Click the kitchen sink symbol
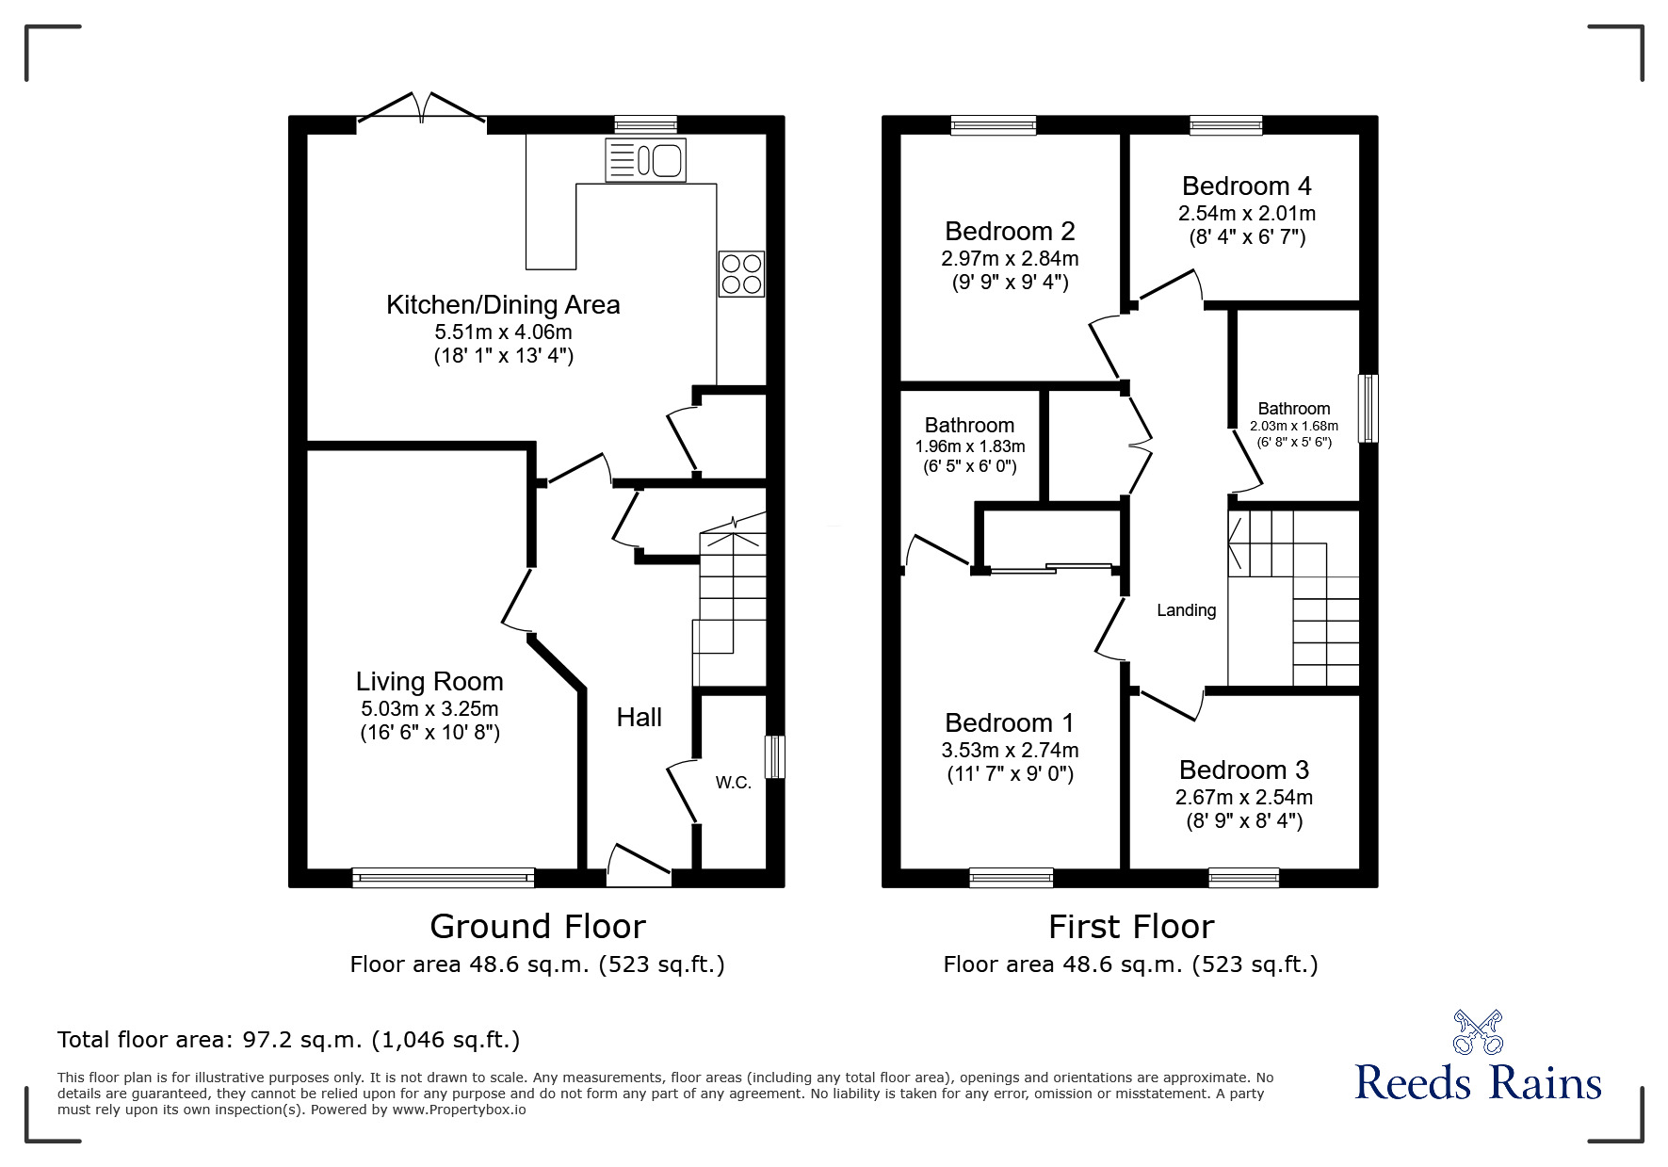pos(645,159)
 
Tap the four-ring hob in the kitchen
pos(741,274)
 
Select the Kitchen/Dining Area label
pos(503,305)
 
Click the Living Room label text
pos(429,682)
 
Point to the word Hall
pos(639,718)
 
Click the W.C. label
pos(733,783)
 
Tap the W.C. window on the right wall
pos(774,757)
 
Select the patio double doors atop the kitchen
pos(421,107)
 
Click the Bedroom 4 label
pos(1246,186)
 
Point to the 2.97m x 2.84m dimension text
pos(1010,258)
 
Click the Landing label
pos(1186,610)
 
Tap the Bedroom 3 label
pos(1243,770)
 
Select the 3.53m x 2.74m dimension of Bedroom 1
pos(1010,751)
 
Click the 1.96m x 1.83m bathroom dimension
pos(970,446)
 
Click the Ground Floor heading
pos(537,927)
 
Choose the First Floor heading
pos(1130,927)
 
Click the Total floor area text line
pos(288,1040)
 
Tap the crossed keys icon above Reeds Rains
pos(1478,1032)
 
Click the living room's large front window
pos(443,878)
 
